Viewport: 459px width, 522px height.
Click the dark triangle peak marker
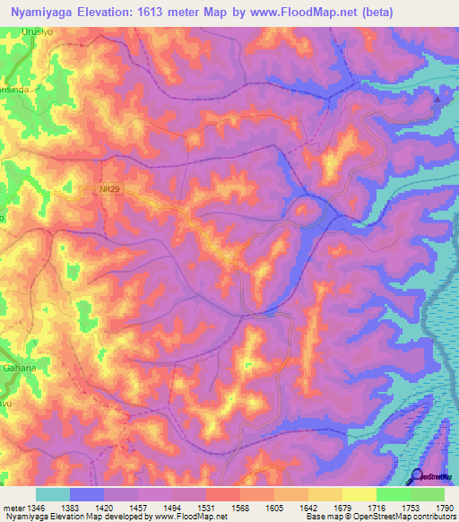click(437, 99)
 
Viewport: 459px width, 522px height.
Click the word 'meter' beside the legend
click(12, 507)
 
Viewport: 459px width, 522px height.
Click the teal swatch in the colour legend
click(52, 494)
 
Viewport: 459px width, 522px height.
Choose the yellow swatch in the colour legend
click(359, 494)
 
